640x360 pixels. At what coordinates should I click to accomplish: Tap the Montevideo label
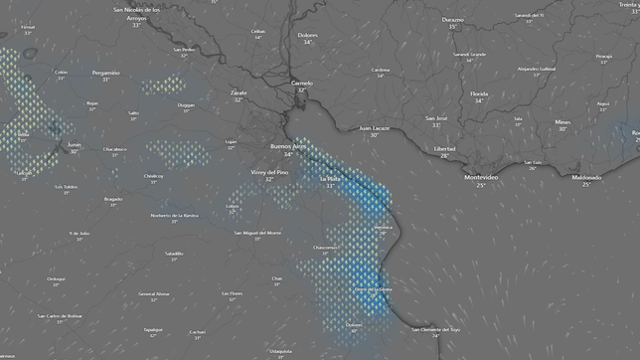click(x=481, y=177)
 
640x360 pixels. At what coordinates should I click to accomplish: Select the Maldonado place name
click(x=586, y=177)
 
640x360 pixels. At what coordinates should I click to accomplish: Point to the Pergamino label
click(x=105, y=73)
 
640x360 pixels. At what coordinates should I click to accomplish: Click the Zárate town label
click(x=239, y=91)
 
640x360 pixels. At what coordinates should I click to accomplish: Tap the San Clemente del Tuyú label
click(x=435, y=328)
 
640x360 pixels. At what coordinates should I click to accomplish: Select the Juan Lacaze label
click(x=375, y=127)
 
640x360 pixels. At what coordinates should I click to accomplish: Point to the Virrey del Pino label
click(x=268, y=172)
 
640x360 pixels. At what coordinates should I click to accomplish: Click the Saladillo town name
click(x=174, y=253)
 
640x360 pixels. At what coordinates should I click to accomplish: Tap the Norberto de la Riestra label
click(x=174, y=215)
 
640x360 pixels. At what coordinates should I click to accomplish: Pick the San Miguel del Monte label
click(x=257, y=232)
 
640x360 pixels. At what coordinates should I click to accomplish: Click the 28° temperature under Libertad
click(x=444, y=155)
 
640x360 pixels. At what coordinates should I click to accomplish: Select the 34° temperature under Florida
click(x=479, y=100)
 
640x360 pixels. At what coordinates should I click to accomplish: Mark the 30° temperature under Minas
click(x=562, y=128)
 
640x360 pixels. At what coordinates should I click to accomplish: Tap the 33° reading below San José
click(x=436, y=125)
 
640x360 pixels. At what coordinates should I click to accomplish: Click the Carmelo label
click(x=301, y=83)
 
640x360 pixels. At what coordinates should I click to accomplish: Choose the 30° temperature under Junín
click(x=74, y=152)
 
